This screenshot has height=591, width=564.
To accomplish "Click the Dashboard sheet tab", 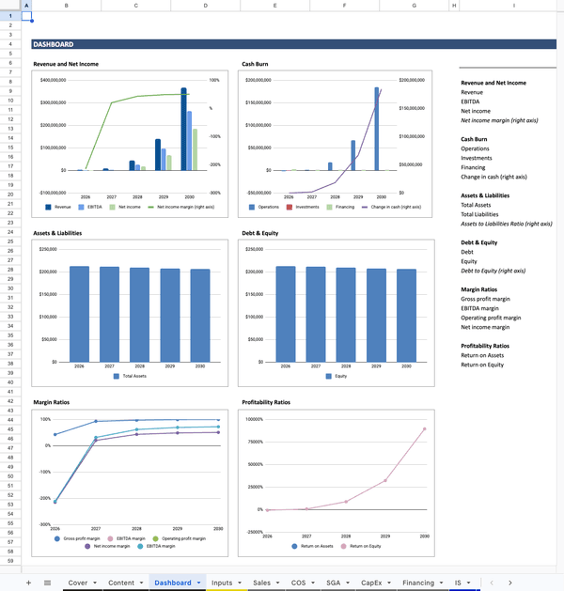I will point(173,583).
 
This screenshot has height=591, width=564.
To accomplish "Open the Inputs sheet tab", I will point(222,583).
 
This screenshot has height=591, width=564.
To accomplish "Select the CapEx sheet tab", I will point(371,583).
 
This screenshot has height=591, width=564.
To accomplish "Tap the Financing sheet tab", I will point(418,583).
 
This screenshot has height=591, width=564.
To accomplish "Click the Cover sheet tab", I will point(78,583).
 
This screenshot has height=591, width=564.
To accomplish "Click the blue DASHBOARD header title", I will point(54,44).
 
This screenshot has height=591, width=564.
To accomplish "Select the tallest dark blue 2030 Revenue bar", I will point(184,129).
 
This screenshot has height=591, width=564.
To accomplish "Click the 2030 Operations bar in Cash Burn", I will point(377,129).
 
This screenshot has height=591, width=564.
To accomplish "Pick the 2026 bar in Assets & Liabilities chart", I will point(79,313).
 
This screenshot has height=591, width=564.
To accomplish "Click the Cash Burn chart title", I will point(255,64).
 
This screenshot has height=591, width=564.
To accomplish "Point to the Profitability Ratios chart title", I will point(266,402).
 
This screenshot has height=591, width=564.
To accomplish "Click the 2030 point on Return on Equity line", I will point(424,428).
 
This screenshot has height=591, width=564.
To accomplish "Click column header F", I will point(345,7).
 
